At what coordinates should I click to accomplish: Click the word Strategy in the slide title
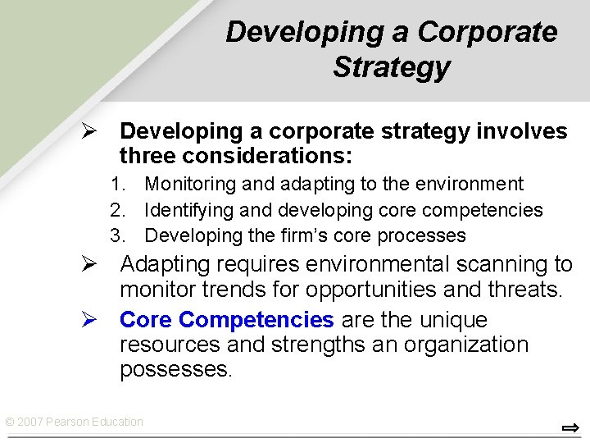[x=391, y=67]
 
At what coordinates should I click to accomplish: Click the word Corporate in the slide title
[x=487, y=32]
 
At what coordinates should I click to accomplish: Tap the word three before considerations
[x=147, y=155]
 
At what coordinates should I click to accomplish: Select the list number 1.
[x=119, y=185]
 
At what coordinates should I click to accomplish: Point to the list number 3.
[x=119, y=236]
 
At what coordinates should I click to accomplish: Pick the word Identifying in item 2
[x=188, y=211]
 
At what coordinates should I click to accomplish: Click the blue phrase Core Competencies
[x=226, y=320]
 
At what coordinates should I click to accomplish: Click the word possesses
[x=175, y=369]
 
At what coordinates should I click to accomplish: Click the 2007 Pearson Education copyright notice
[x=74, y=422]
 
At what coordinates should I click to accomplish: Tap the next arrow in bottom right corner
[x=570, y=427]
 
